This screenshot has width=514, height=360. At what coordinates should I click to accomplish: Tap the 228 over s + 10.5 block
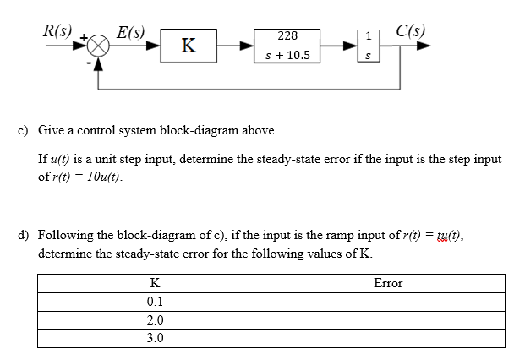tap(287, 46)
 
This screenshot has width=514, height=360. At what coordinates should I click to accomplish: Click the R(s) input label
tap(57, 31)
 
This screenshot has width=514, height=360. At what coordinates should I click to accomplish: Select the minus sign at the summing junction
tap(90, 60)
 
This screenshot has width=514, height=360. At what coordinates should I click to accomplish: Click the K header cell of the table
tap(155, 283)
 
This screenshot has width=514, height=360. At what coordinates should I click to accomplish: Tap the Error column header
tap(388, 283)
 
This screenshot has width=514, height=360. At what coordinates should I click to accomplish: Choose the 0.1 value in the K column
tap(155, 302)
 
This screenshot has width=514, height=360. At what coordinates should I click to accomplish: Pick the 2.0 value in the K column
tap(155, 320)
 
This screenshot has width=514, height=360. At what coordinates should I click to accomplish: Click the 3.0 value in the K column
tap(155, 339)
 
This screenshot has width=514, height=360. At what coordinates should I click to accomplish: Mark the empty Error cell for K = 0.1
tap(388, 302)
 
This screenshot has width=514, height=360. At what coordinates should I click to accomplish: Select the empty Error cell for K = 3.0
tap(388, 339)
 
